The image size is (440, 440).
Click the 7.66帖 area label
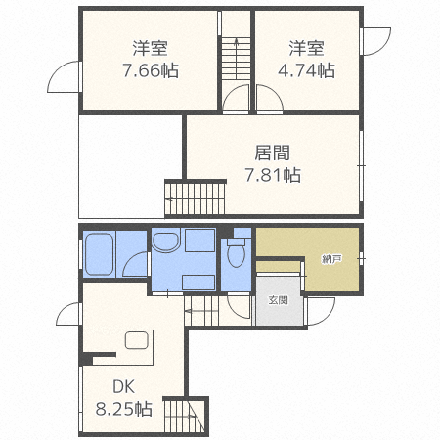150,70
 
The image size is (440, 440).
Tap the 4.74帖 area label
306,70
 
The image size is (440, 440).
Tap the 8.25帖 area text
122,409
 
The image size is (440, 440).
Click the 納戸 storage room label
332,259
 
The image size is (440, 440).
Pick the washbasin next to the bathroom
166,242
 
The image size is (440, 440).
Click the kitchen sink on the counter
135,341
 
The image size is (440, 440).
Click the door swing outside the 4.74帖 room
374,41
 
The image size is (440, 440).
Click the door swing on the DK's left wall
68,315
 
